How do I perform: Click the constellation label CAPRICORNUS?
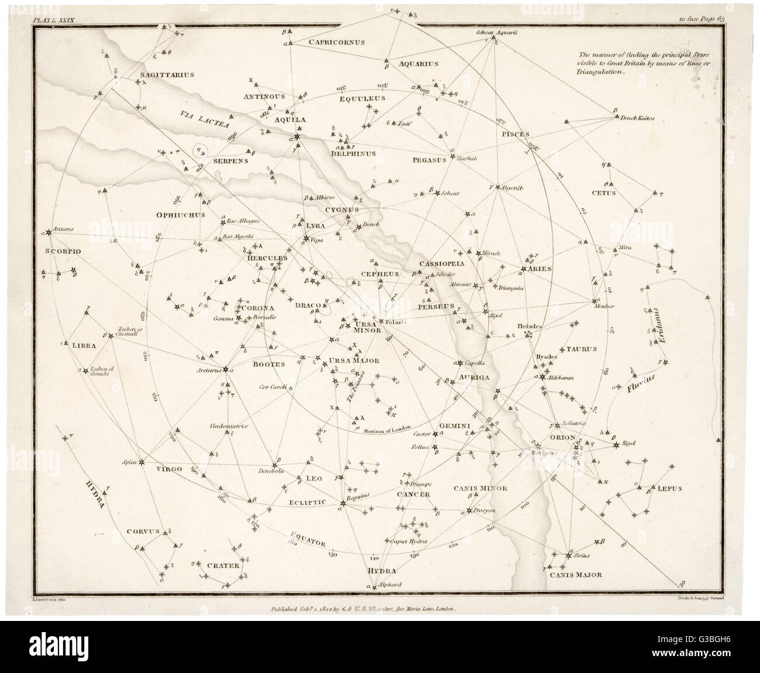pos(337,42)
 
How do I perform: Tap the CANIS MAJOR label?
pos(575,575)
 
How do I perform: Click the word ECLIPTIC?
pos(306,502)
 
